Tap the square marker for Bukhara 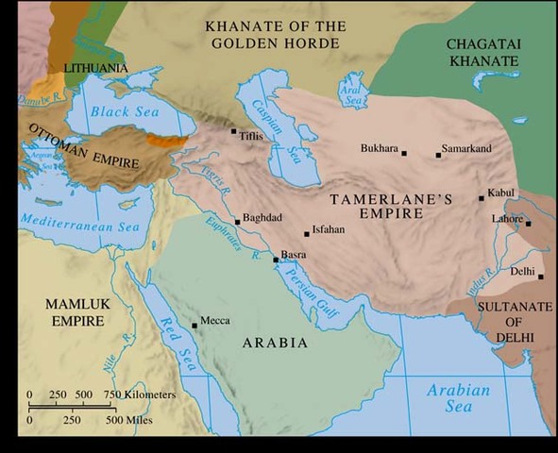tap(404, 153)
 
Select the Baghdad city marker tap(238, 222)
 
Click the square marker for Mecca tap(194, 326)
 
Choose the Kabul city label tap(501, 193)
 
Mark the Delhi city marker tap(541, 277)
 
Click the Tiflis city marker tap(234, 131)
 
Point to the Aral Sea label tap(352, 88)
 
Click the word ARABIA tap(276, 343)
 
